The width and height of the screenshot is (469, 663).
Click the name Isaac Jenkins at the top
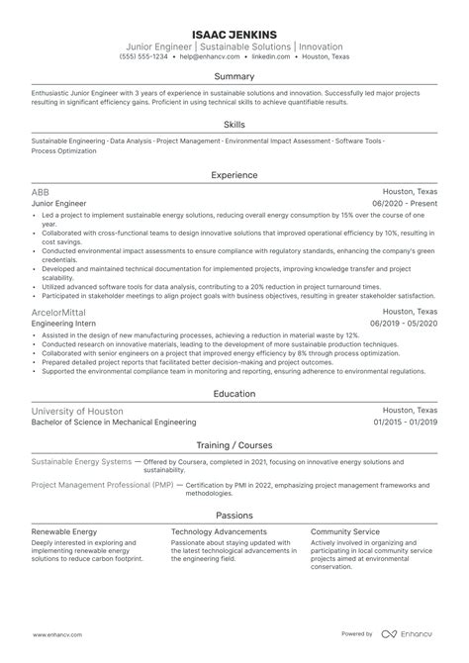tap(234, 31)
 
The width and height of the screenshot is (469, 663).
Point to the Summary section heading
tap(234, 76)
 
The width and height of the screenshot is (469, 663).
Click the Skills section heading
tap(234, 125)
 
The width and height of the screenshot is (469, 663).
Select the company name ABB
tap(41, 192)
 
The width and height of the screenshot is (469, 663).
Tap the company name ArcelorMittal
tap(56, 312)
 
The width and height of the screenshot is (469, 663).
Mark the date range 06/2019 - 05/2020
tap(404, 323)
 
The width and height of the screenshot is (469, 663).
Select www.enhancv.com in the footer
tap(59, 634)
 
